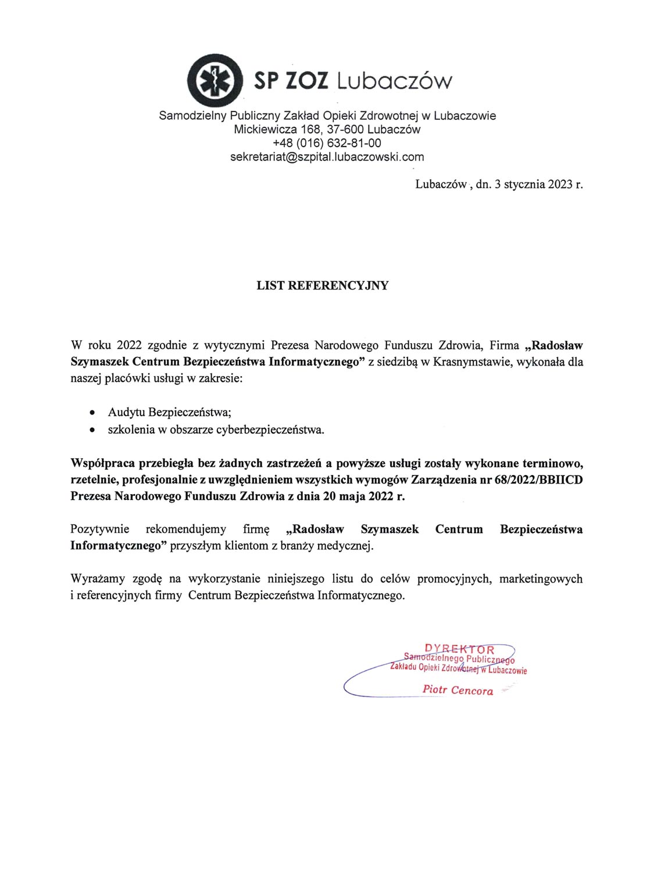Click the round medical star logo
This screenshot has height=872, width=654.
(215, 80)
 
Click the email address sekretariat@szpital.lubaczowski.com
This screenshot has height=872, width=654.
(327, 157)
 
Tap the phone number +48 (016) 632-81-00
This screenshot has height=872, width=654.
(327, 143)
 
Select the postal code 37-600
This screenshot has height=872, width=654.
(345, 129)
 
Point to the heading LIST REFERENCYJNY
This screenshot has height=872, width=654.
(323, 285)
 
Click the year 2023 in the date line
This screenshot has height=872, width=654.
(559, 184)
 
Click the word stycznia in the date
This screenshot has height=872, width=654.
(524, 184)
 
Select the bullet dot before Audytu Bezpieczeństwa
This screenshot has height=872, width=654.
(92, 413)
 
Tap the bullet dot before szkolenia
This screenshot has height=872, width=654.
(92, 431)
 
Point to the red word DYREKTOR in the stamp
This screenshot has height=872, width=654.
(459, 649)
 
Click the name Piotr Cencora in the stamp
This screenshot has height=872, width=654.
(458, 690)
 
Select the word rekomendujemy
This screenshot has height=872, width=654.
(185, 529)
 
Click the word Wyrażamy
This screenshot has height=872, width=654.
(97, 578)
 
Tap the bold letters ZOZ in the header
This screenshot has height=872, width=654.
(307, 80)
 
